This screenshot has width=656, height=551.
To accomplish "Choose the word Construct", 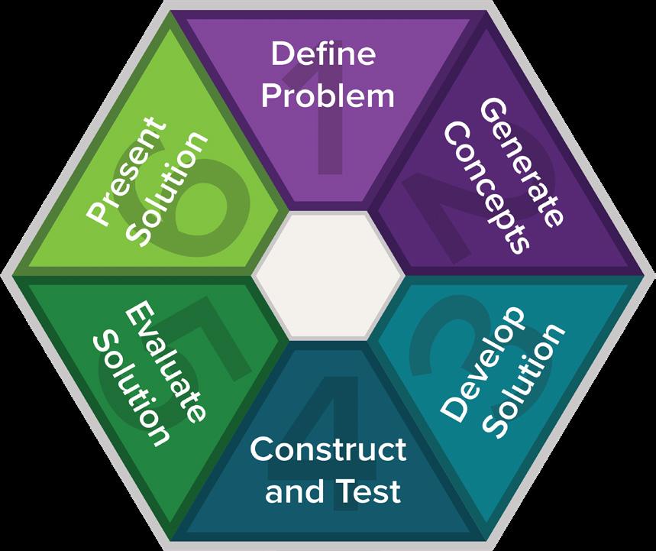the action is (328, 449).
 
